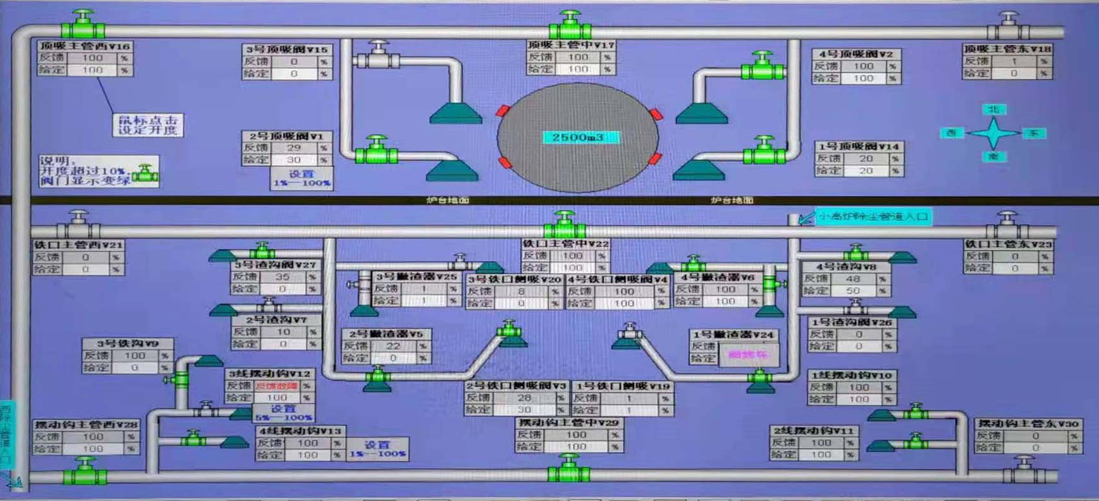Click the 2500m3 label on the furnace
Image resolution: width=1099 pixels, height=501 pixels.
[578, 138]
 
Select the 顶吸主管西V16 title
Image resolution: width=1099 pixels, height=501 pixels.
[84, 46]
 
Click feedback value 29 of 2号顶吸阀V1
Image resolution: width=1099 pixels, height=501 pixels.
[294, 148]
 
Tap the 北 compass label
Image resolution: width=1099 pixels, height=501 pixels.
[994, 109]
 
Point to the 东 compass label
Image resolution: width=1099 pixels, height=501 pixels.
[1033, 133]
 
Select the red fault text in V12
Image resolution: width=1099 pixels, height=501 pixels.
[277, 386]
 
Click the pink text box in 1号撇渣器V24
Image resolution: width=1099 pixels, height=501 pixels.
[748, 355]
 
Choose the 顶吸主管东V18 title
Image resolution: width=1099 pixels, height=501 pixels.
[1007, 48]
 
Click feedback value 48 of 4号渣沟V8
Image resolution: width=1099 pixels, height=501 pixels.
[852, 279]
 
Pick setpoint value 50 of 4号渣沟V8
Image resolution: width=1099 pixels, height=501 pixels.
[852, 291]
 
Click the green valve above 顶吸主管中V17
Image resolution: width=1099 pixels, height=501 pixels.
[570, 25]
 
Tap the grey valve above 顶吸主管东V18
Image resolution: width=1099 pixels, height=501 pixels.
[1008, 25]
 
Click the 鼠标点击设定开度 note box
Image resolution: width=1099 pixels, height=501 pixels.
[148, 125]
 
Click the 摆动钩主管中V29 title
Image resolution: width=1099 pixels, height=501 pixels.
[568, 423]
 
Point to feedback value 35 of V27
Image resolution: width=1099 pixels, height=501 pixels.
[282, 277]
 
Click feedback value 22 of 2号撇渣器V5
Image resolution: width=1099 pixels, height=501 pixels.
[393, 346]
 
